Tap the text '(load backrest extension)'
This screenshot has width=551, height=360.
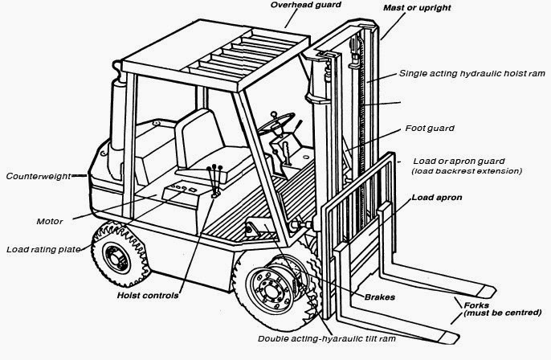point(466,171)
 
